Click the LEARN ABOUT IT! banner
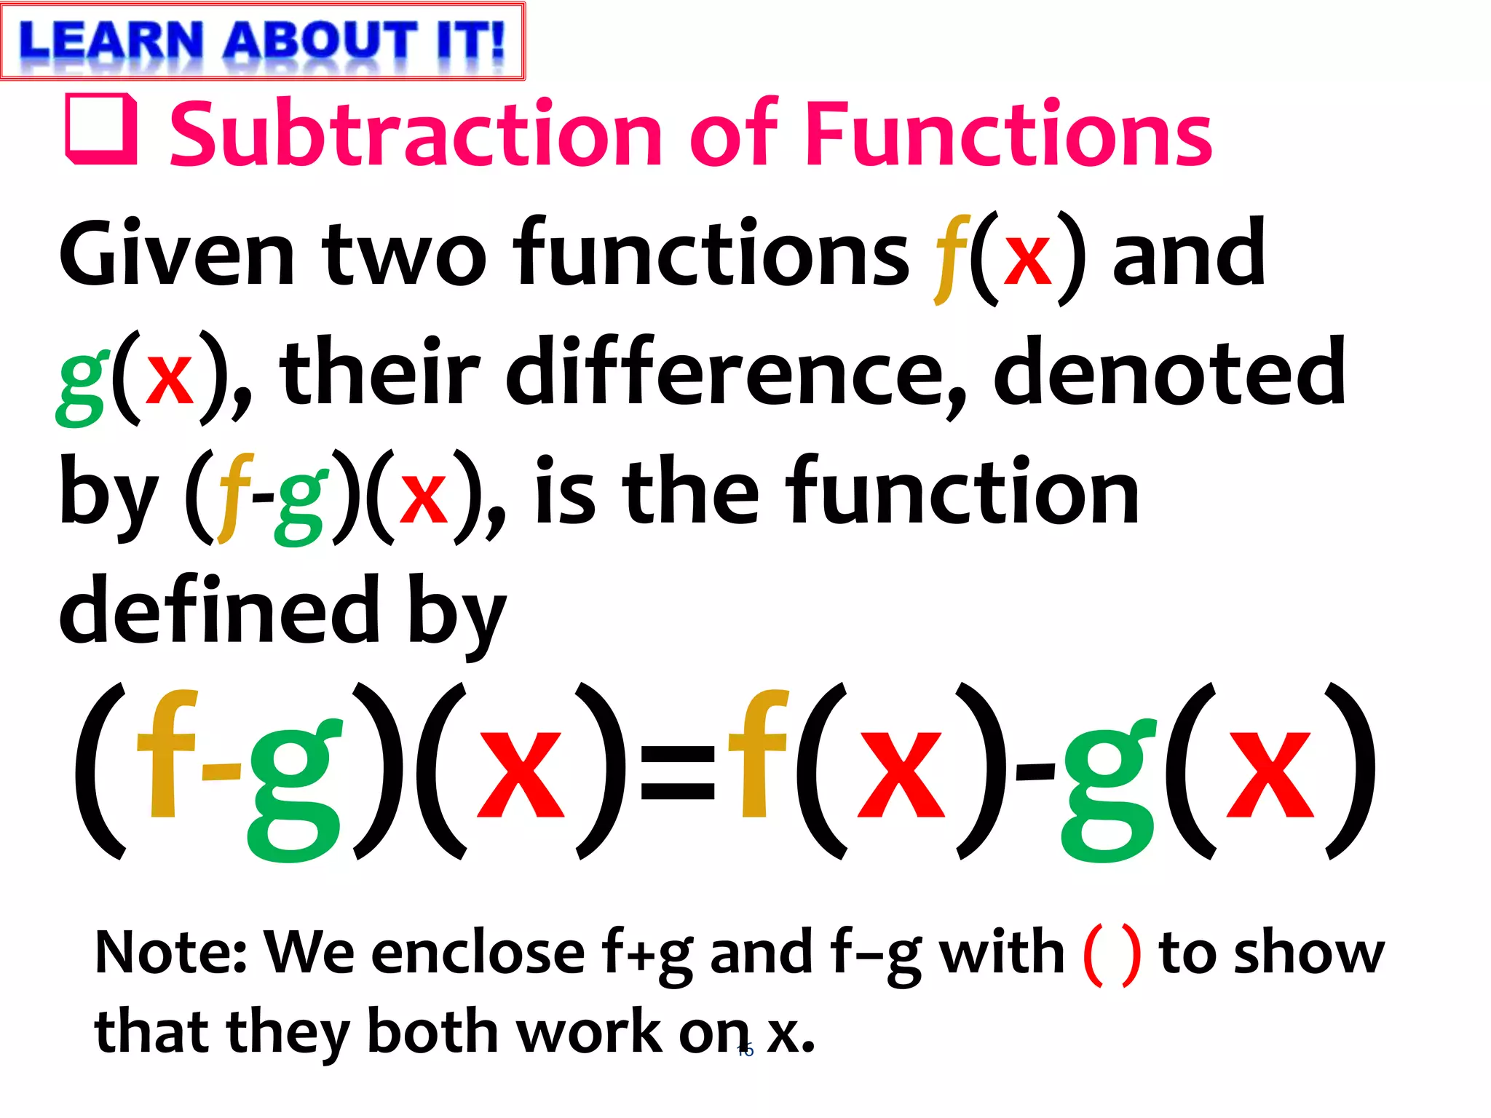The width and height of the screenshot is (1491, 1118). (262, 41)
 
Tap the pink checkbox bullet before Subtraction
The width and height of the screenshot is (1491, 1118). (101, 129)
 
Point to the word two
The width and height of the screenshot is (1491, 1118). (404, 255)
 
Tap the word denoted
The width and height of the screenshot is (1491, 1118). (1169, 373)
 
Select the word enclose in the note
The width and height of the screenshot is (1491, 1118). (478, 952)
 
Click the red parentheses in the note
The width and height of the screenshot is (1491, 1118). (1112, 954)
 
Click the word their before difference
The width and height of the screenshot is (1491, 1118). (379, 373)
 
